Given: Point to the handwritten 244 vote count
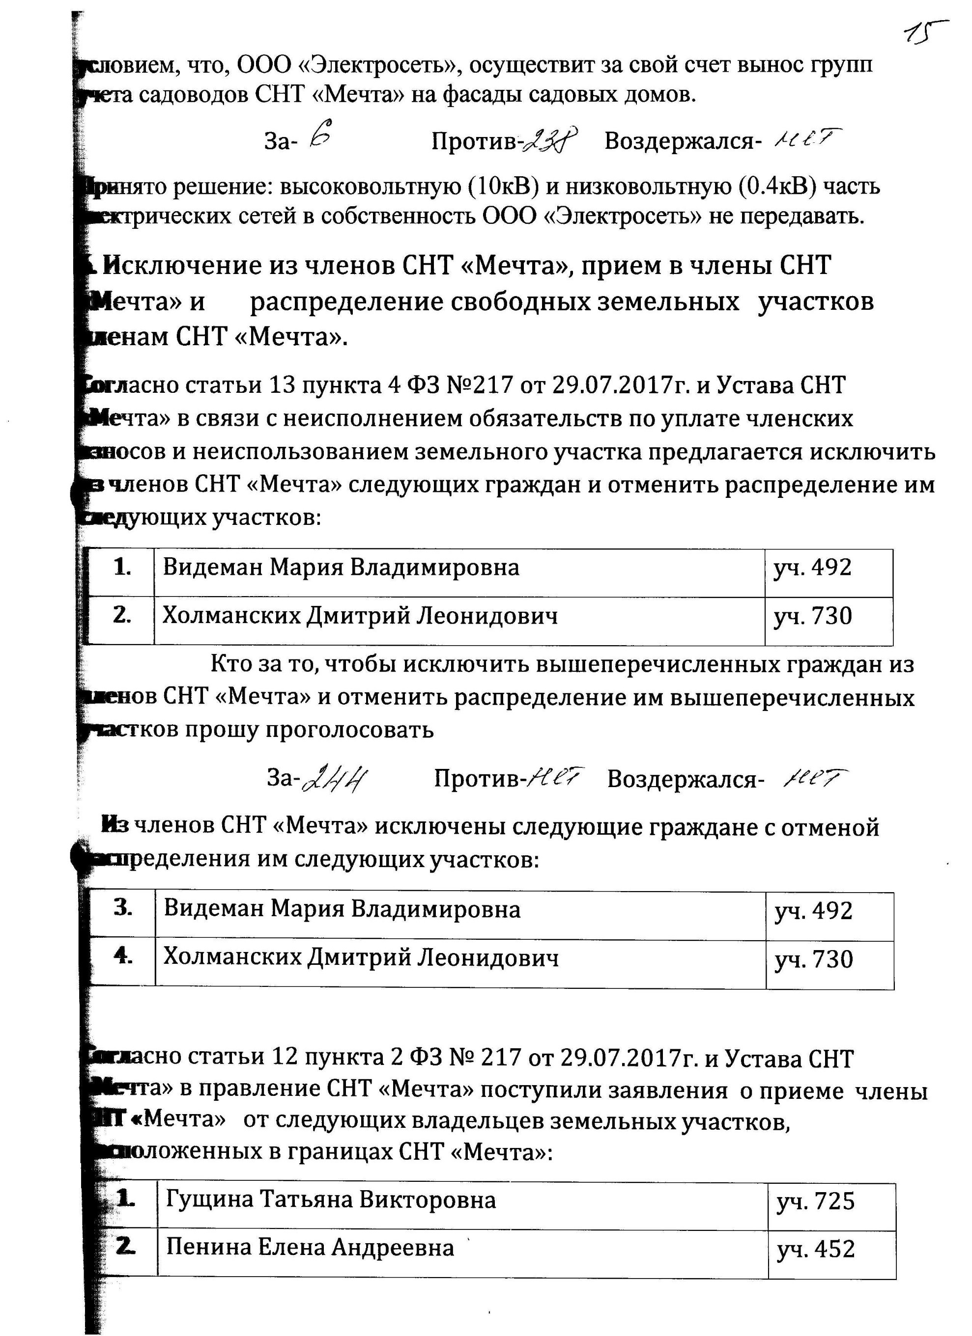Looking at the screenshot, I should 333,781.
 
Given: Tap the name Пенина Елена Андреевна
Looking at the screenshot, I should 310,1248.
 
